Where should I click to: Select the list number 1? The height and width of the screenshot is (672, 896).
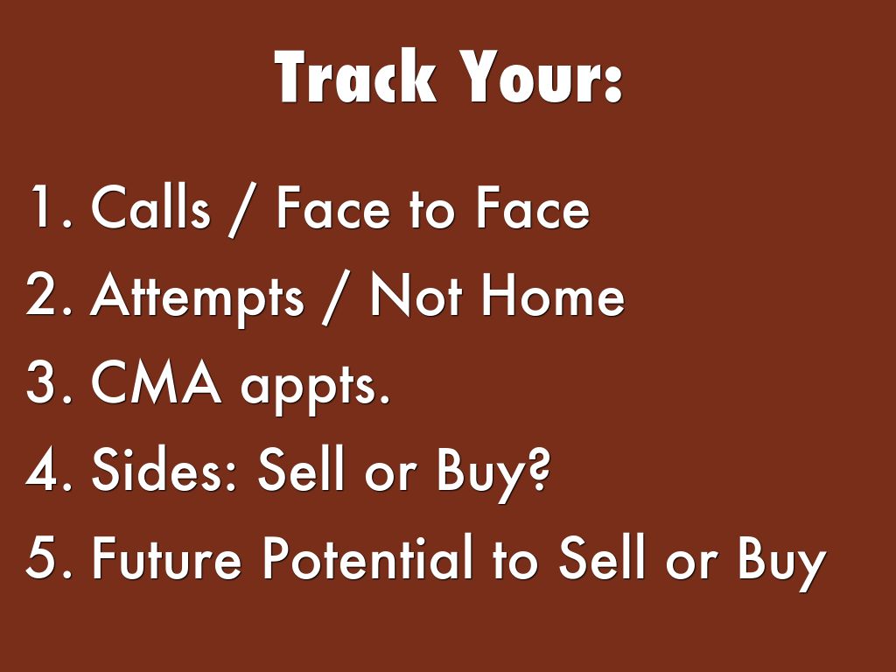click(49, 206)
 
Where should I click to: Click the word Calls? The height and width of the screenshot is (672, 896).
click(150, 206)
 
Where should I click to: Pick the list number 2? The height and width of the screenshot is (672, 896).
click(49, 294)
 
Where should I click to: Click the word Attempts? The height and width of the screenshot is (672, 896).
click(197, 297)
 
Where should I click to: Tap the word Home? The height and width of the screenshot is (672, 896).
click(553, 294)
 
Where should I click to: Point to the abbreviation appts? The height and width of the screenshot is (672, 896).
click(315, 386)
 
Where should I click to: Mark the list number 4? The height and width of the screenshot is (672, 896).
click(49, 469)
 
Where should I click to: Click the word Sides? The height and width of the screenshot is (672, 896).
click(164, 469)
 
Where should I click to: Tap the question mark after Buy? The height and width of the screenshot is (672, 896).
click(536, 469)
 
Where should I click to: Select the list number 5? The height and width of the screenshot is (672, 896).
click(49, 556)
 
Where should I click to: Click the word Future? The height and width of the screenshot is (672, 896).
click(166, 556)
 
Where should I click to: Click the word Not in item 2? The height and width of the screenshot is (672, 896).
click(416, 294)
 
